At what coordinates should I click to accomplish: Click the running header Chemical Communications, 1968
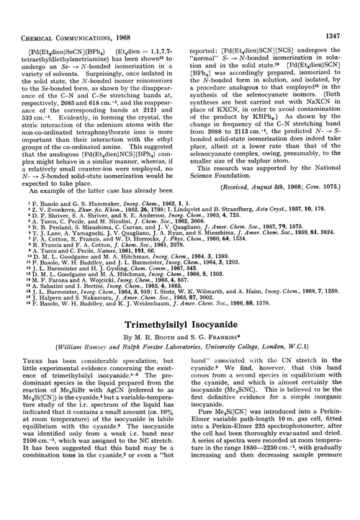tap(69, 10)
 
